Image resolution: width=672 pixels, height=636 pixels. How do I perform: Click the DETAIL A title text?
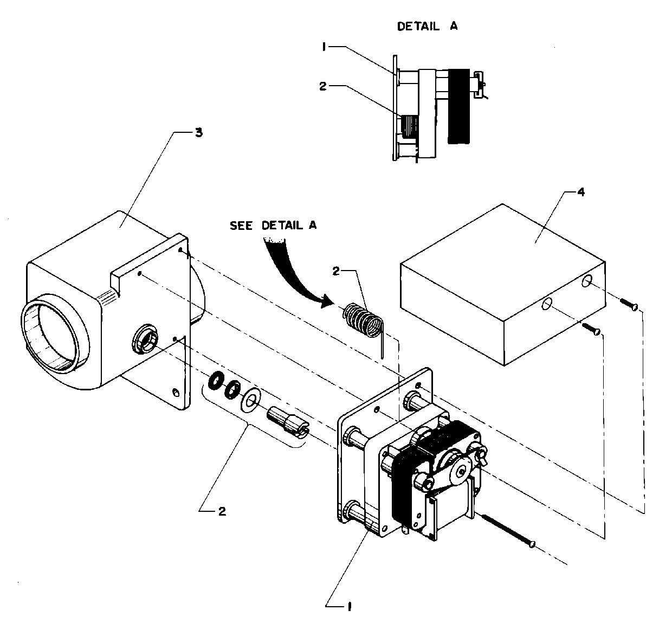pos(428,27)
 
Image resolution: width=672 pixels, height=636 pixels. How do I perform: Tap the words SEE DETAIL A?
pos(273,226)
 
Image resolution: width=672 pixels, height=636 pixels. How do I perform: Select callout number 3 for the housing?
pos(198,133)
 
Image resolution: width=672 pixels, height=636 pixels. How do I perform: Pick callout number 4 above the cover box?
pos(580,192)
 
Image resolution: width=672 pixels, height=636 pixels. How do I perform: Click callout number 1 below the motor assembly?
pos(349,607)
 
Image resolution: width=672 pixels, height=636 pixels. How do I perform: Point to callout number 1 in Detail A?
pos(323,47)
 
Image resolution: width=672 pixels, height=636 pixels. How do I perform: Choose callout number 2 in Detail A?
pos(323,86)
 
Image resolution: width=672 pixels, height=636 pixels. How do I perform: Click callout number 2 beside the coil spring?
pos(336,272)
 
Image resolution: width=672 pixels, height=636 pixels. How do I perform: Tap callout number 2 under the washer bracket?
pos(222,511)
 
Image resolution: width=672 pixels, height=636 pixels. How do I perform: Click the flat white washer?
pos(250,400)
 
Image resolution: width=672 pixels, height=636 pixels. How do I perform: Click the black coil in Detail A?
pos(460,106)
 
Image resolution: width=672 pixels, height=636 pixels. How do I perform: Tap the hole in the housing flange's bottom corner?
pos(175,391)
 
